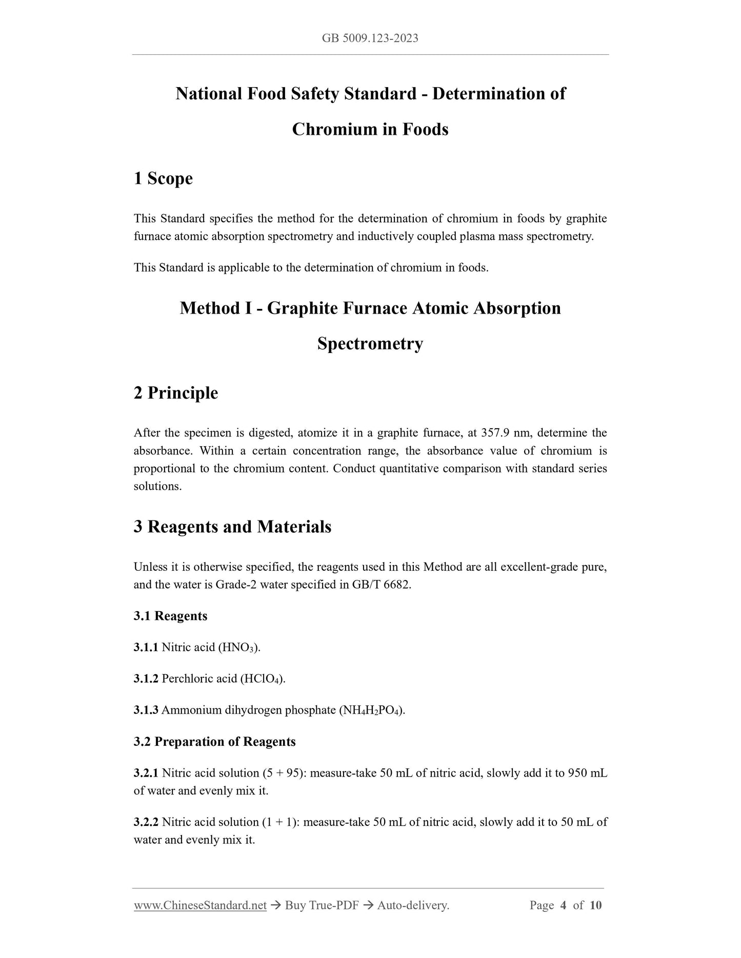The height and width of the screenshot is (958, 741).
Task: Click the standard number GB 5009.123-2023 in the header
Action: coord(370,38)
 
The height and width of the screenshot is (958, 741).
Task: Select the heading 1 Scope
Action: coord(163,178)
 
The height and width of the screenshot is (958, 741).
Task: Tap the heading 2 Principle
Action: coord(175,393)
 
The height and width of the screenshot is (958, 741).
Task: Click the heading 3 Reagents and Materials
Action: coord(232,527)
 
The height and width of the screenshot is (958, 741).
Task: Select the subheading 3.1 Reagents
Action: coord(170,616)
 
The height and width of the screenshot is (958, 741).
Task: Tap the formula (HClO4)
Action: coord(263,679)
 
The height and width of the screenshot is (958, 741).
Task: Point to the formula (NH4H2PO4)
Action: coord(372,711)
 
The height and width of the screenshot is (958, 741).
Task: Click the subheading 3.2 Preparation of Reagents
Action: coord(214,742)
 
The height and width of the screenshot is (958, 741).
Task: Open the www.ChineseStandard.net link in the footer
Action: coord(200,906)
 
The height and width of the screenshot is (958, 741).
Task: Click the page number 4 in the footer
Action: coord(563,906)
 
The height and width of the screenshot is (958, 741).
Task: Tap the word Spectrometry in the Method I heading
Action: coord(370,343)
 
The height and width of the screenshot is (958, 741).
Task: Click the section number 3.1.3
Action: coord(146,711)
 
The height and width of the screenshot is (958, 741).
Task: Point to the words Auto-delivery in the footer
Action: coord(413,906)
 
